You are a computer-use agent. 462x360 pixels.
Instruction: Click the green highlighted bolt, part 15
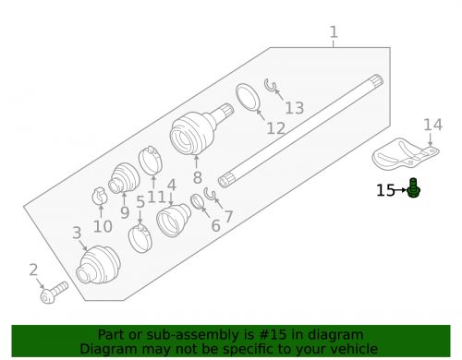[415, 190]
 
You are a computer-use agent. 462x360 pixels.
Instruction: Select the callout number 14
[433, 125]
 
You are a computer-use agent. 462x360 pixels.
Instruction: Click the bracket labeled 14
[404, 153]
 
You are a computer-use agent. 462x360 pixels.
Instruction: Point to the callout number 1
[334, 35]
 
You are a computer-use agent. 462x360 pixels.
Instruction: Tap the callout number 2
[33, 270]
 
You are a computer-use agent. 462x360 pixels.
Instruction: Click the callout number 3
[78, 234]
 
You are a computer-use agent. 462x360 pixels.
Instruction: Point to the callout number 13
[294, 108]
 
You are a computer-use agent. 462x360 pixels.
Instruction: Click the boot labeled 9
[123, 179]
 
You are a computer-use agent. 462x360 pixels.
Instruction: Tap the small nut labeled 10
[101, 197]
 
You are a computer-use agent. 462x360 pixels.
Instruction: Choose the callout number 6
[215, 225]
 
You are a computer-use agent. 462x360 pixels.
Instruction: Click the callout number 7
[228, 218]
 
